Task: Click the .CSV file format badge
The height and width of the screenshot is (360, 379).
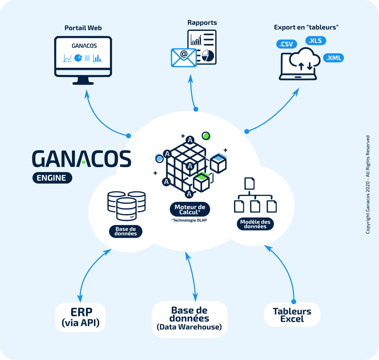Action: [285, 44]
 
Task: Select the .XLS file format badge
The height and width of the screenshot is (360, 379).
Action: [315, 41]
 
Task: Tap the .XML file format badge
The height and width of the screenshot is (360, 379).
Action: [334, 58]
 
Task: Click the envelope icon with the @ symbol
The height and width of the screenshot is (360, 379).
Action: [184, 57]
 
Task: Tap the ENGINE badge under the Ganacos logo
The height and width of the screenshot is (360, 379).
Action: [52, 177]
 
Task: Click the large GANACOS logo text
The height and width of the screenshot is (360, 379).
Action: [81, 158]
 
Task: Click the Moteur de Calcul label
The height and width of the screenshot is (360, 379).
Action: [190, 209]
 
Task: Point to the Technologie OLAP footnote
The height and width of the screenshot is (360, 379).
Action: [189, 220]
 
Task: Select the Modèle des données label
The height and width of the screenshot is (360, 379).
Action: [255, 224]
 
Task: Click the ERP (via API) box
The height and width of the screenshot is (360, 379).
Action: [81, 317]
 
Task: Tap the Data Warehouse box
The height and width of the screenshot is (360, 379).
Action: [189, 319]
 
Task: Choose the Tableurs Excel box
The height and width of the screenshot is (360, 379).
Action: [292, 315]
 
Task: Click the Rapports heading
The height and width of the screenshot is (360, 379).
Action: [202, 22]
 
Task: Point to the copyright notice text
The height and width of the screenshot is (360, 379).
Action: [368, 185]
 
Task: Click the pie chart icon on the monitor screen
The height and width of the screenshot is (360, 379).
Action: [78, 58]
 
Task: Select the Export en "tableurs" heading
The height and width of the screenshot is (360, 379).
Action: [307, 27]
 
